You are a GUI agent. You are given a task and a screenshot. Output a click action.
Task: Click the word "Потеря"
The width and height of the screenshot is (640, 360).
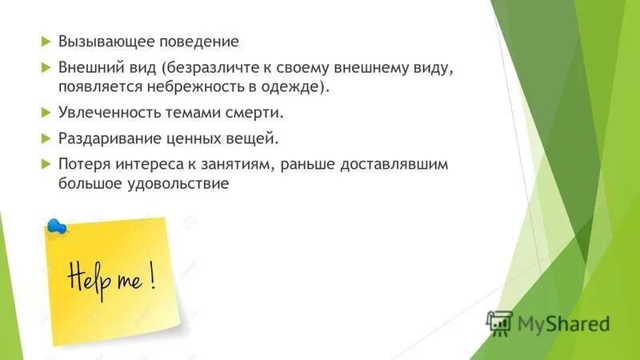[82, 164]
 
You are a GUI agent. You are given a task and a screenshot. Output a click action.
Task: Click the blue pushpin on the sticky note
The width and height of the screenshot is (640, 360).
[56, 227]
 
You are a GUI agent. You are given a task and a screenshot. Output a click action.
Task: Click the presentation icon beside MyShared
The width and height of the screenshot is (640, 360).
[499, 322]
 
